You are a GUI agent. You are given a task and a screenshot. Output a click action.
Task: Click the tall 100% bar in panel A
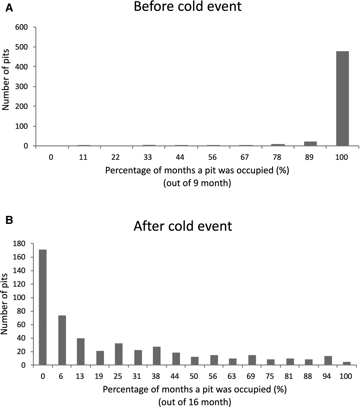click(x=342, y=98)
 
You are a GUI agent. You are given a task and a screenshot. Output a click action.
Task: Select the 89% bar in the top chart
click(x=310, y=144)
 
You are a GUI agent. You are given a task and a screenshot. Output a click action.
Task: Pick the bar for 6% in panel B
click(x=62, y=340)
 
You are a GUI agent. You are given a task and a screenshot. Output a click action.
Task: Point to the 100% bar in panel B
click(x=347, y=363)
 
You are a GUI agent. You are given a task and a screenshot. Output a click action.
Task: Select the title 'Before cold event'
click(x=187, y=6)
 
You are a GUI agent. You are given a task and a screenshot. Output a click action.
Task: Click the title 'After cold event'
click(x=183, y=226)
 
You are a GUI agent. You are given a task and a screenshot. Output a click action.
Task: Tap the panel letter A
click(x=9, y=8)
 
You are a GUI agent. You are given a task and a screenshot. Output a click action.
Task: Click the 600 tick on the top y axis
click(x=22, y=27)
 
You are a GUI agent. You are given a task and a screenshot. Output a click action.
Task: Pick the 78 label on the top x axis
click(x=277, y=157)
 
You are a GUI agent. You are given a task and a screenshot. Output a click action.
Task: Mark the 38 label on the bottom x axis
click(x=156, y=376)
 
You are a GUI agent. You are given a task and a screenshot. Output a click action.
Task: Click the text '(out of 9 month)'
click(x=197, y=183)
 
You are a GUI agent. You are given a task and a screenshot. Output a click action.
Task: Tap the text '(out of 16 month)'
click(x=195, y=402)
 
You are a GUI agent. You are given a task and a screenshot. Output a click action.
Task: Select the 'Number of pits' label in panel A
click(x=6, y=80)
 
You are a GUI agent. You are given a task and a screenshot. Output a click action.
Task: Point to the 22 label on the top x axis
click(x=115, y=157)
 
